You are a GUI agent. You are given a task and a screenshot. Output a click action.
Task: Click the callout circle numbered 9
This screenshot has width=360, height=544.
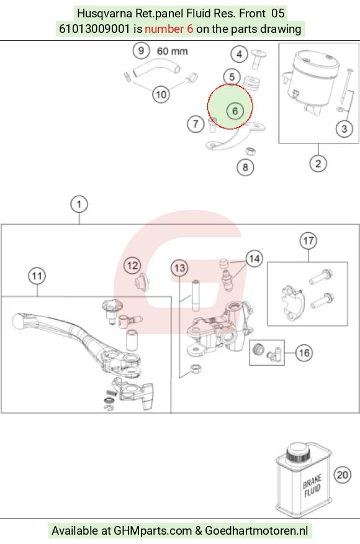tap(141, 51)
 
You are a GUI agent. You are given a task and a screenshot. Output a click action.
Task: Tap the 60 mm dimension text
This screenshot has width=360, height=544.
tap(173, 52)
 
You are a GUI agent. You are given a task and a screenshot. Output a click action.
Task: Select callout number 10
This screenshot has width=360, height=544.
tap(161, 94)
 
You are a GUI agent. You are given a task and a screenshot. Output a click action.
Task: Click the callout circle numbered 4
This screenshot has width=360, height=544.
tap(240, 54)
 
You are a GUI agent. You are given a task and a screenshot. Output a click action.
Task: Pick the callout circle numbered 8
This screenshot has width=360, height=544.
tap(245, 168)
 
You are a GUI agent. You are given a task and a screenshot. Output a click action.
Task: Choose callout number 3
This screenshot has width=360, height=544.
tap(344, 129)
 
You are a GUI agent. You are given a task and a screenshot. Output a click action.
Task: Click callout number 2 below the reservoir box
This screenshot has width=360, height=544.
tap(318, 164)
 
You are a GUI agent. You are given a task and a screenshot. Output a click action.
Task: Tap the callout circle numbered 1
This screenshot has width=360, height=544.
tap(79, 204)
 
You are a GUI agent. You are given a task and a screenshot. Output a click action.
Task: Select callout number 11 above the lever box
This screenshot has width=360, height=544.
tap(37, 276)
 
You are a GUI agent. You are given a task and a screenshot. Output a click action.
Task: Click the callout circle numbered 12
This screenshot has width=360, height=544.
tap(132, 266)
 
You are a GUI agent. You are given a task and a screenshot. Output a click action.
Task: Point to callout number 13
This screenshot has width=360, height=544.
tap(179, 268)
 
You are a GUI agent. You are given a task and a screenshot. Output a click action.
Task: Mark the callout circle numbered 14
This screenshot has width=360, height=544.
tap(254, 258)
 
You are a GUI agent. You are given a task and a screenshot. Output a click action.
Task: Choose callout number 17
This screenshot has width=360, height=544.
tap(308, 241)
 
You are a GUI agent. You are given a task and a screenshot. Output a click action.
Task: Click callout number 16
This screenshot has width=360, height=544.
tap(304, 353)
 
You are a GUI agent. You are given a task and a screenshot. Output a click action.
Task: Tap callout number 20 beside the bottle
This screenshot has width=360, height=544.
tap(343, 474)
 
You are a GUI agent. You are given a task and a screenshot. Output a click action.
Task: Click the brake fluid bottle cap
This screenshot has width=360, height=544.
tap(299, 452)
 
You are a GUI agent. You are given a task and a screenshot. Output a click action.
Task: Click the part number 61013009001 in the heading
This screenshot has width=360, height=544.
tap(94, 29)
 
